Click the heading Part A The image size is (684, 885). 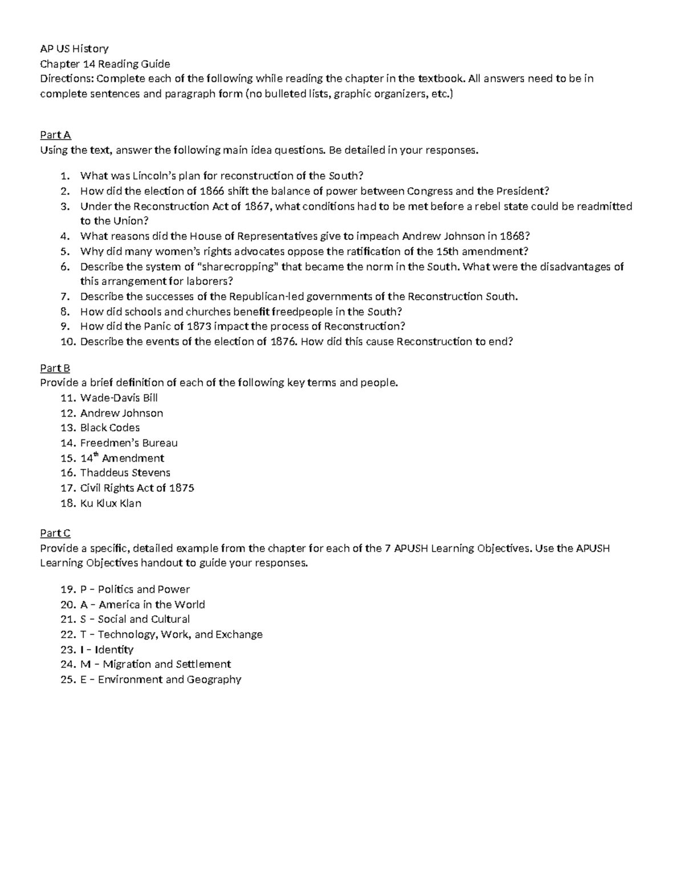(x=55, y=135)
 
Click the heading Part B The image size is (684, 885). (x=55, y=368)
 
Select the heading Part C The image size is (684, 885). (x=55, y=533)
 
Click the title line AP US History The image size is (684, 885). (x=74, y=48)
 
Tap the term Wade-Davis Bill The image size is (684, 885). (x=119, y=398)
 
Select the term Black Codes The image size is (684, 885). (x=109, y=428)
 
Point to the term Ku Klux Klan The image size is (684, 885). (x=111, y=503)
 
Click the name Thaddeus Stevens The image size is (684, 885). (x=125, y=472)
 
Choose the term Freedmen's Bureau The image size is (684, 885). (x=129, y=443)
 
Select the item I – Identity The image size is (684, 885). (x=107, y=650)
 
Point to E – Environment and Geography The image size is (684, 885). (x=161, y=679)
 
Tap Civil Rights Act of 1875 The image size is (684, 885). (x=137, y=488)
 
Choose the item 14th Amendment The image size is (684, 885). (x=122, y=458)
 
